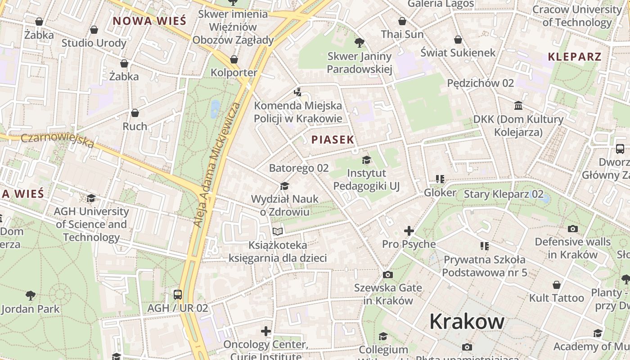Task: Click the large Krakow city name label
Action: pos(467,321)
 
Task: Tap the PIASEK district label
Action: pos(333,139)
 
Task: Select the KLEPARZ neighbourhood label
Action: pos(575,57)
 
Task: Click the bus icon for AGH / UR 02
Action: pos(178,295)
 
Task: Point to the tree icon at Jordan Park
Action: pos(31,296)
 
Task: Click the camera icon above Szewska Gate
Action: pos(387,274)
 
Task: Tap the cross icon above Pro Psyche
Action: pos(409,231)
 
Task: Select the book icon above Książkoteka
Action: pos(278,232)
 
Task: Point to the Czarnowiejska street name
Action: pos(57,139)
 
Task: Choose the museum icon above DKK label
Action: pos(518,106)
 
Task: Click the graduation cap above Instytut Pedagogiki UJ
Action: pos(366,160)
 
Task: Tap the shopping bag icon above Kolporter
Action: pos(234,59)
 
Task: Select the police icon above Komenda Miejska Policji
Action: pos(297,92)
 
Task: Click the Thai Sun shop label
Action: pos(402,34)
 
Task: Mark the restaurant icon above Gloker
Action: pos(440,179)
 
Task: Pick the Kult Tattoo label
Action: pos(556,298)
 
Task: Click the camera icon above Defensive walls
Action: pos(572,229)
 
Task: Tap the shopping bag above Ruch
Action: pos(135,113)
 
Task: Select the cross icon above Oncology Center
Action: pos(266,331)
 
